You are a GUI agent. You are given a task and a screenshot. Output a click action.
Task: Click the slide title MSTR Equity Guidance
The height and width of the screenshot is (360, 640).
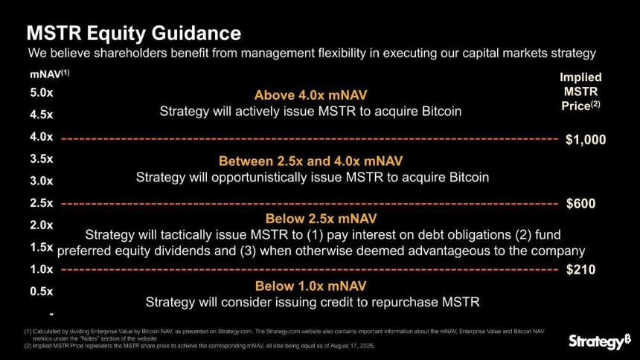tap(133, 33)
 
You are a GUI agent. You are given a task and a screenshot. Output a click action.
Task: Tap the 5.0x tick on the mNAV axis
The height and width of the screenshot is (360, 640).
tap(41, 93)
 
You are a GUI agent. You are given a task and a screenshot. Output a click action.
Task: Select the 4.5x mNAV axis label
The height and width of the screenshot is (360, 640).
tap(41, 115)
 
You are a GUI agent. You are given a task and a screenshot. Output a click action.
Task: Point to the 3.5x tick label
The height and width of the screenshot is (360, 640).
tap(41, 158)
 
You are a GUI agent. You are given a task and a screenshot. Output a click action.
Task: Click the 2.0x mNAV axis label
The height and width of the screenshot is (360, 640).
tap(41, 225)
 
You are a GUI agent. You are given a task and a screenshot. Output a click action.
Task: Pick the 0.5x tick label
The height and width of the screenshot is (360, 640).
tap(41, 291)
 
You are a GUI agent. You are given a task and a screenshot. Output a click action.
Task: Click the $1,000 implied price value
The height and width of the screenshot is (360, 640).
tap(586, 140)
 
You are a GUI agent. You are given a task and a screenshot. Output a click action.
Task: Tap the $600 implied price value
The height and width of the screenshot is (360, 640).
tap(580, 203)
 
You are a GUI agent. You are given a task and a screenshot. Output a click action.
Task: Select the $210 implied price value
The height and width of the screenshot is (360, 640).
tap(580, 269)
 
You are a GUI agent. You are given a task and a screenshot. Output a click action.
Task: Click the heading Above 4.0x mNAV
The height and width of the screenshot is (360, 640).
tap(310, 95)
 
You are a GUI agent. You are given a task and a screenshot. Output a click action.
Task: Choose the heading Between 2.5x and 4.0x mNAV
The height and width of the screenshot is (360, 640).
tap(310, 161)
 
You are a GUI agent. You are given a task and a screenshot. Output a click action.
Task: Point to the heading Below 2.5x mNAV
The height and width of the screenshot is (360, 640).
tap(321, 219)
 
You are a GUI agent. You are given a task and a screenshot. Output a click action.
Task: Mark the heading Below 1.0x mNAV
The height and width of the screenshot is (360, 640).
tap(310, 286)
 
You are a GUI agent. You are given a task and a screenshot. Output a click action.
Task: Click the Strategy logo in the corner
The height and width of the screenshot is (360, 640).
tap(600, 341)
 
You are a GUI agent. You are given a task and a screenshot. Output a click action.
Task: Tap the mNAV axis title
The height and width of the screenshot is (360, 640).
tap(49, 74)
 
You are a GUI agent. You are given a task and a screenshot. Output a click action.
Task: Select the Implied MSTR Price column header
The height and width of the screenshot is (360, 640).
tap(580, 91)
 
